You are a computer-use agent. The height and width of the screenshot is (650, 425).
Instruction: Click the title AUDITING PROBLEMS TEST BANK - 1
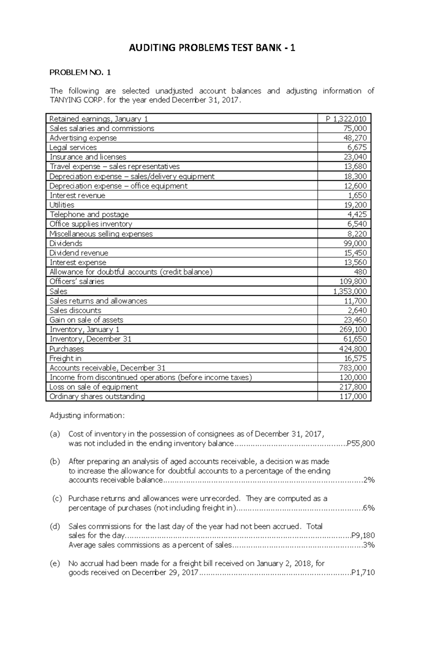[x=212, y=48]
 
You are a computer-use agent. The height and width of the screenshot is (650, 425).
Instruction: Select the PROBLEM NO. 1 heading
[x=80, y=73]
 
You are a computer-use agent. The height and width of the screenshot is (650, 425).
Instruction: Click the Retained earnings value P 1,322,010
[x=346, y=119]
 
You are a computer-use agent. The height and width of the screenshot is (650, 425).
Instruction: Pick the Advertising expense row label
[x=83, y=138]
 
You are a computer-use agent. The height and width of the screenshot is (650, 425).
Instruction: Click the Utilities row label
[x=62, y=205]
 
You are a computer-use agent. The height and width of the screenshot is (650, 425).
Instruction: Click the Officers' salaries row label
[x=77, y=282]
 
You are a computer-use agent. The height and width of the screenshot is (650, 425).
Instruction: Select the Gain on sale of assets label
[x=86, y=320]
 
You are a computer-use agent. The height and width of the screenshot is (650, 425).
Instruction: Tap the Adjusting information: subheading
[x=87, y=416]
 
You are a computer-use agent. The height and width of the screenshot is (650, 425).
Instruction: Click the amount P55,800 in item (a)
[x=361, y=443]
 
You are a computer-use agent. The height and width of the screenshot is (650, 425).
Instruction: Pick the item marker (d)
[x=55, y=526]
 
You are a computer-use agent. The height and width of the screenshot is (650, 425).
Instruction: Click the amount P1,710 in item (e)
[x=363, y=573]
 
